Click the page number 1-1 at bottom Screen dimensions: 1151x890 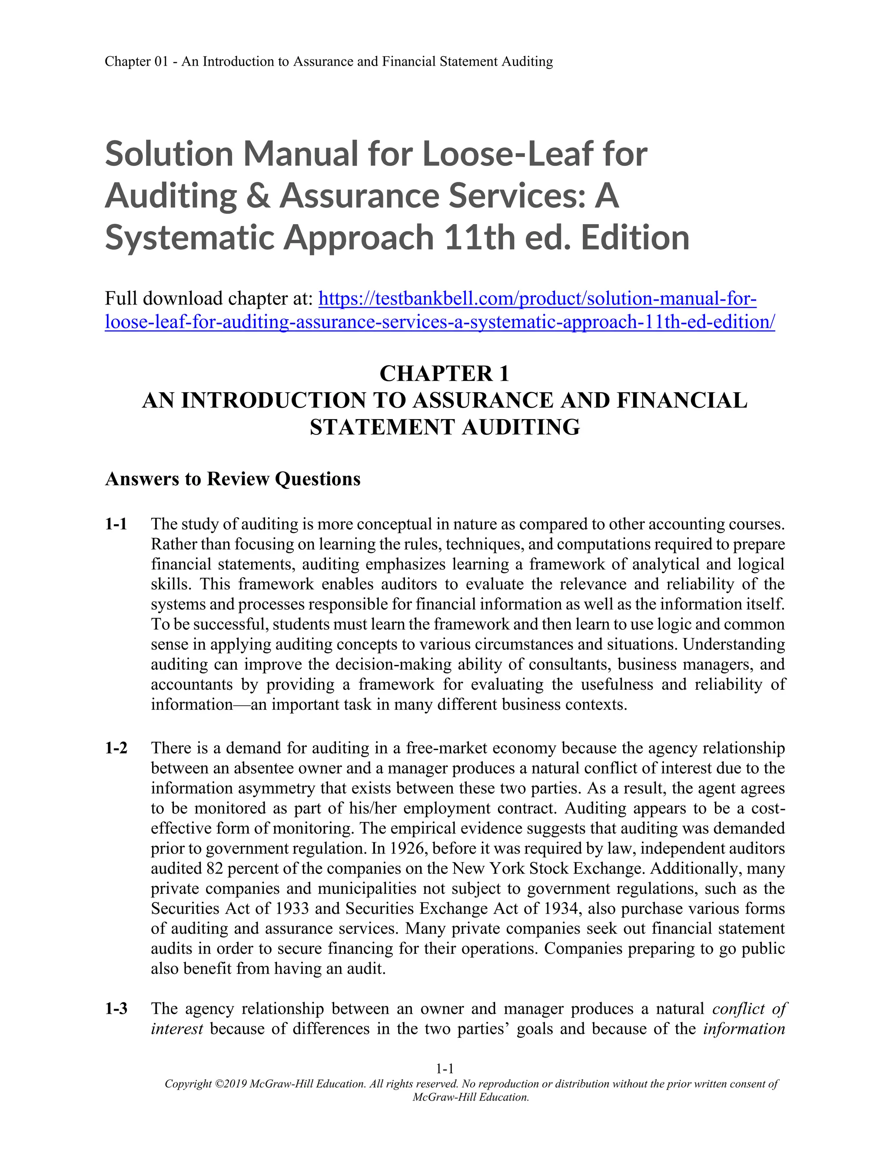pyautogui.click(x=445, y=1069)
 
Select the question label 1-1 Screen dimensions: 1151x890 pyautogui.click(x=116, y=524)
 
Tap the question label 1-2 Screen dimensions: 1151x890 pyautogui.click(x=116, y=748)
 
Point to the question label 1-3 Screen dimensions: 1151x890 pyautogui.click(x=116, y=1008)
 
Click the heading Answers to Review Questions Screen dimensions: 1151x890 pyautogui.click(x=232, y=479)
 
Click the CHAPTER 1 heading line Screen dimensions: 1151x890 pyautogui.click(x=445, y=374)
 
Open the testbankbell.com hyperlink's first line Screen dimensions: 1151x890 pyautogui.click(x=538, y=299)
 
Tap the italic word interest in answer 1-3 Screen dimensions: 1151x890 pyautogui.click(x=176, y=1028)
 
